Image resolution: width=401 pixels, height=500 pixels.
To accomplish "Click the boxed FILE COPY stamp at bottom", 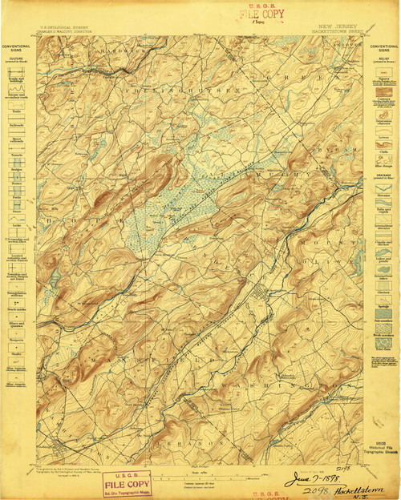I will (127, 483).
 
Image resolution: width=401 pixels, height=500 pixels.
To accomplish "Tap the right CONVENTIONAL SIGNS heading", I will (383, 49).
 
